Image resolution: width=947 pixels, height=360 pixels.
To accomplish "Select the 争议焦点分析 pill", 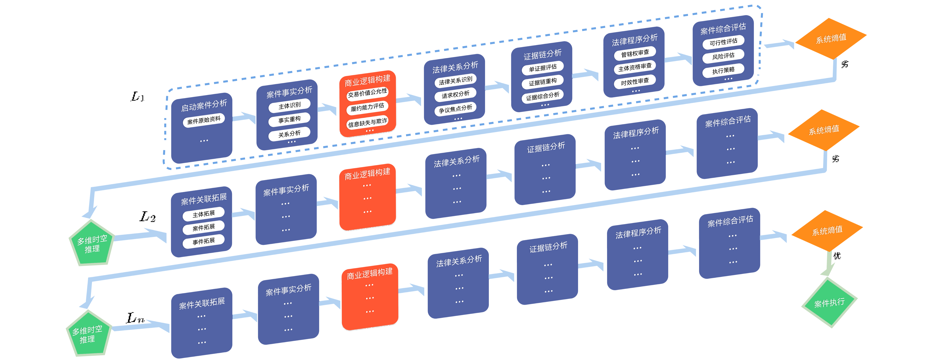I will pos(456,109).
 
